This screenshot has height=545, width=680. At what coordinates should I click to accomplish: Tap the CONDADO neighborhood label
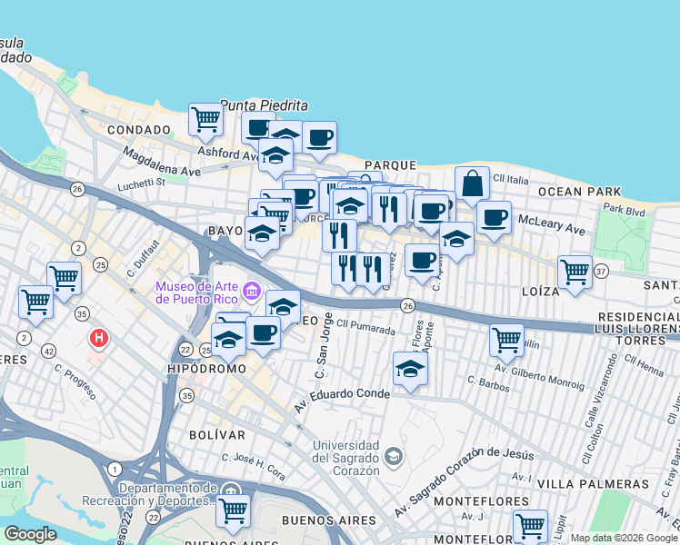(139, 130)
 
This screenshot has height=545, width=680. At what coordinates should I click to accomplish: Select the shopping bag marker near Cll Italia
(472, 183)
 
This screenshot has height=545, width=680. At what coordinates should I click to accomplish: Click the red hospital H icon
(98, 339)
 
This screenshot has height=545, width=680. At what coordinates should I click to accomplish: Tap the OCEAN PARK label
(578, 192)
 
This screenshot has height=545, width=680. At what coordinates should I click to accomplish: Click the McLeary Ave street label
(552, 223)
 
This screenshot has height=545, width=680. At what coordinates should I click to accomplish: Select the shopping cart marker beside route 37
(575, 271)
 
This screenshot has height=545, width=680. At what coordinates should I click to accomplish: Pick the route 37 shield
(600, 271)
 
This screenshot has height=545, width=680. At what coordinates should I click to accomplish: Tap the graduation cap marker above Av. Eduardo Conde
(411, 369)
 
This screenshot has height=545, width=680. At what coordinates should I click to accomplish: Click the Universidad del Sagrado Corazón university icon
(393, 454)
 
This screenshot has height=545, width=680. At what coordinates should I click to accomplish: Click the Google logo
(31, 533)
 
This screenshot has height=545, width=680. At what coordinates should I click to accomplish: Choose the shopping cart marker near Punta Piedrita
(206, 118)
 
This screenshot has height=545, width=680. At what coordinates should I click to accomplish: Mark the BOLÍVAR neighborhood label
(217, 436)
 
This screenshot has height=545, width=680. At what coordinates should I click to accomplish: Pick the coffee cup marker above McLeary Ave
(494, 218)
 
